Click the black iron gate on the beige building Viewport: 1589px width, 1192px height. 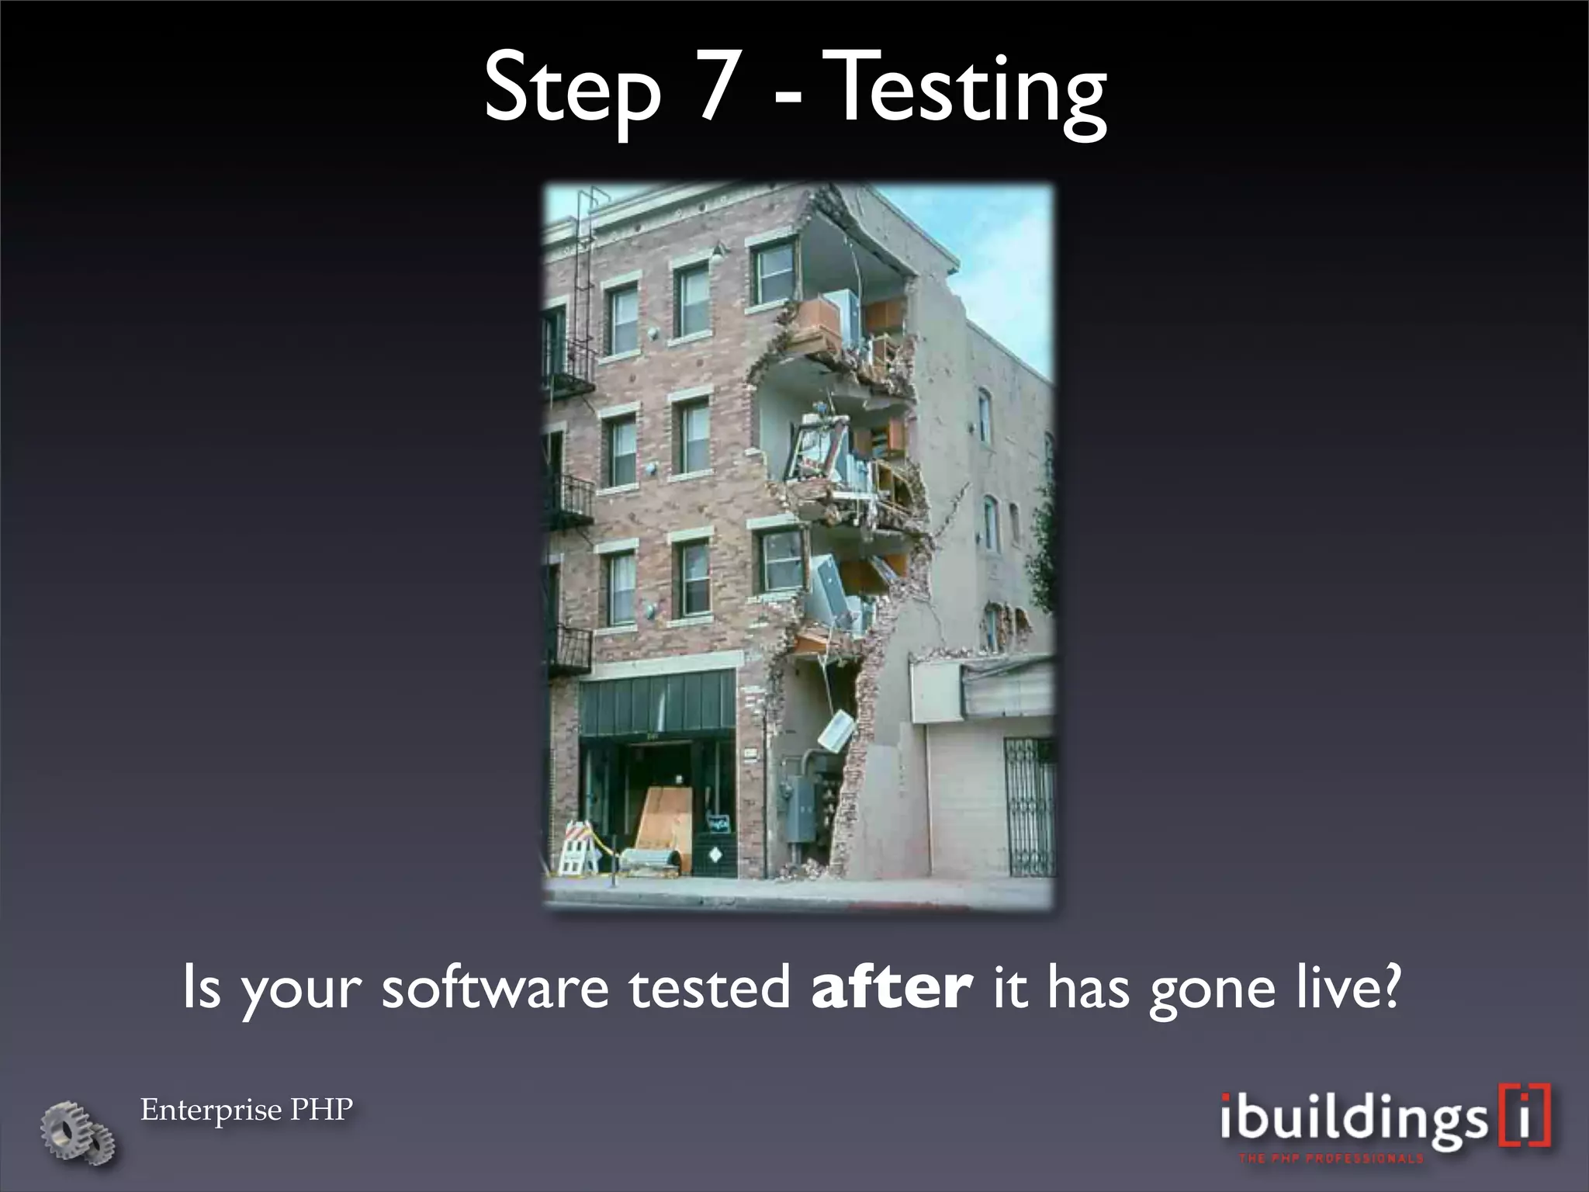[x=1029, y=807]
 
